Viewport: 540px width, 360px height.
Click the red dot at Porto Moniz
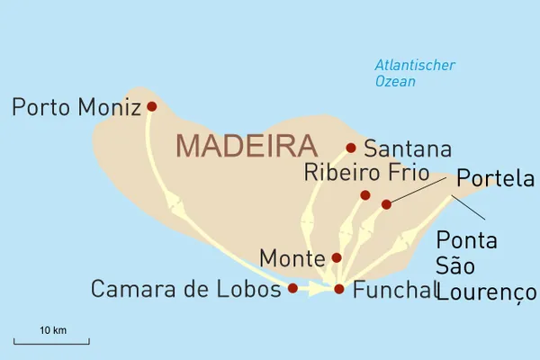(x=151, y=106)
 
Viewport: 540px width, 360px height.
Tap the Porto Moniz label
(x=76, y=108)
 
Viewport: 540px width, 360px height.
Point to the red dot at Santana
(x=351, y=148)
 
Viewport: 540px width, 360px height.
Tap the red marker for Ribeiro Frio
(x=365, y=195)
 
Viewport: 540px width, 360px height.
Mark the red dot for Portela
(x=387, y=204)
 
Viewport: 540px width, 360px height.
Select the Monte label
(x=292, y=259)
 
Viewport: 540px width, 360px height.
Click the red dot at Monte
(x=337, y=257)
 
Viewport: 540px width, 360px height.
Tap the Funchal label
(x=395, y=290)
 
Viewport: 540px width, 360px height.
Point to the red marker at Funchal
(x=339, y=289)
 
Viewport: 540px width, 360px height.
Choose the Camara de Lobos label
(x=180, y=290)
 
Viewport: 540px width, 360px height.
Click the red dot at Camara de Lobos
(x=292, y=288)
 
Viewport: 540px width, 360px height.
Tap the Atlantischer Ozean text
(x=415, y=73)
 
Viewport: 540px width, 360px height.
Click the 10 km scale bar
(x=52, y=342)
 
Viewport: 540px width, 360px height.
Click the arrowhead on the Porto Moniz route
(x=176, y=209)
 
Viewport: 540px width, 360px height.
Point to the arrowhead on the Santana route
(x=309, y=221)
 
